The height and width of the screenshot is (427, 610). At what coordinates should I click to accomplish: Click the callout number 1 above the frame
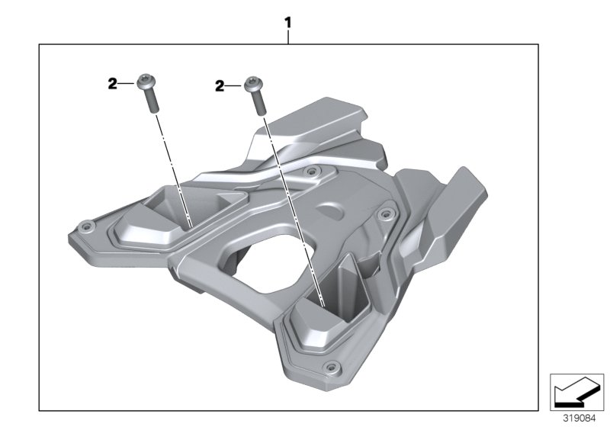pos(288,24)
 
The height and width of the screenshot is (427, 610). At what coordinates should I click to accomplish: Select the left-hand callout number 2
pos(112,85)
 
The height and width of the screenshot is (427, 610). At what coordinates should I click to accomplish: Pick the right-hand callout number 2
pos(219,88)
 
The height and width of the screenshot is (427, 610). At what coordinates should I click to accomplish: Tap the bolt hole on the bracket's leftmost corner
pos(85,226)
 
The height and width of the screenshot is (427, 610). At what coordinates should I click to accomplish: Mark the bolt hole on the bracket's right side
pos(384,213)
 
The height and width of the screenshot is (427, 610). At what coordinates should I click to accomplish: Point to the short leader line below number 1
pos(288,37)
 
